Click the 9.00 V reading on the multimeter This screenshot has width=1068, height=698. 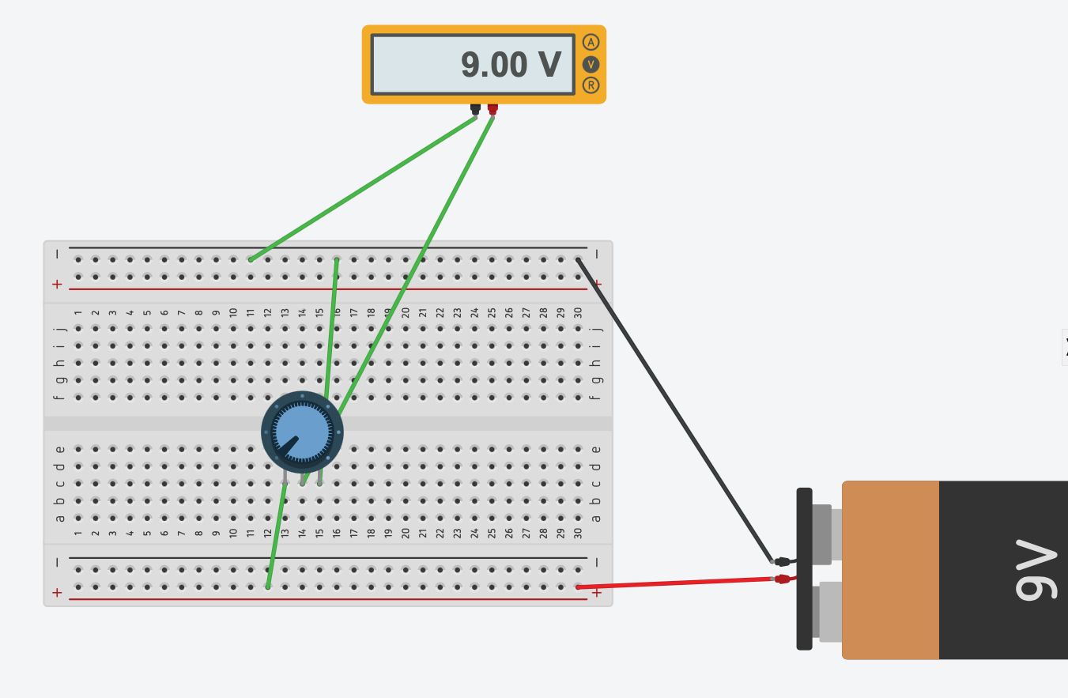coord(510,65)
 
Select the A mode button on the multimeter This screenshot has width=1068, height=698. coord(591,42)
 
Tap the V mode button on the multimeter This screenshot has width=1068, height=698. coord(591,63)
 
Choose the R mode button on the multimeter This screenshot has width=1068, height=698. coord(591,85)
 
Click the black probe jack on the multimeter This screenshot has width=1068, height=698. coord(475,108)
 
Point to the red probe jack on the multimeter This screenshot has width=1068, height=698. coord(492,108)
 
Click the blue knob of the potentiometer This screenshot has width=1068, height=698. coord(302,432)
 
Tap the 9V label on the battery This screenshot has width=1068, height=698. coord(1036,569)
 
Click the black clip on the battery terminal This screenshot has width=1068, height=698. coord(783,561)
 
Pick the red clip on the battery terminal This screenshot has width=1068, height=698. coord(783,579)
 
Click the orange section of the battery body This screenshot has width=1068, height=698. coord(890,569)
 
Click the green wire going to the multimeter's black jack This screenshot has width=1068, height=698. coord(364,188)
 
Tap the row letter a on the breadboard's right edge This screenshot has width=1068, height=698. coord(596,519)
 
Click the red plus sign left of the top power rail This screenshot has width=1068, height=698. coord(57,284)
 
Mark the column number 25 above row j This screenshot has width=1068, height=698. coord(492,313)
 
